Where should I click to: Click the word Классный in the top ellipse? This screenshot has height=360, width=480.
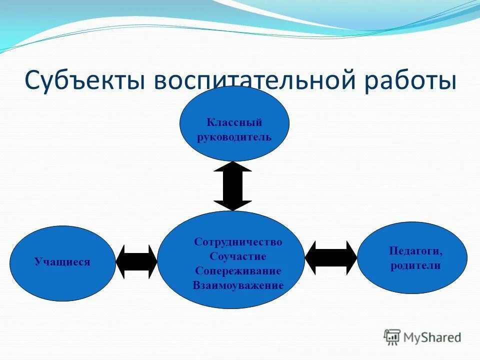(234, 122)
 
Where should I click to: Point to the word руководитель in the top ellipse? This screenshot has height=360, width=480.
(234, 136)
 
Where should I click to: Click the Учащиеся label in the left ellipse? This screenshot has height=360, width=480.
(62, 261)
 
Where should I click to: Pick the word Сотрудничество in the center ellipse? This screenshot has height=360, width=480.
(238, 242)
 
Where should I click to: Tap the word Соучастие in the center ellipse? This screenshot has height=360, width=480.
(238, 256)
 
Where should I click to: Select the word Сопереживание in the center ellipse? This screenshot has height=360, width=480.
(238, 271)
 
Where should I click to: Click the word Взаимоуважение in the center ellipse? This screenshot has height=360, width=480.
(238, 285)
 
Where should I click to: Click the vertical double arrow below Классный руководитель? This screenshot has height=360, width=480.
(232, 186)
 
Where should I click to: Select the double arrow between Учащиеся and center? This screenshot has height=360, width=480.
(136, 261)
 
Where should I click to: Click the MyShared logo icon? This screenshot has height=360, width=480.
(392, 337)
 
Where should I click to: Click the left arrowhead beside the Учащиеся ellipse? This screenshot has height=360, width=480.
(121, 261)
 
